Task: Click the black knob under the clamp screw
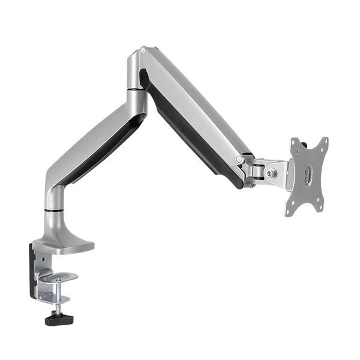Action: point(59,319)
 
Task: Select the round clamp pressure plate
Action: point(61,277)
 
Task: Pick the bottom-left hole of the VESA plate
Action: point(289,209)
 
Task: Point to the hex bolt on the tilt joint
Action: point(271,173)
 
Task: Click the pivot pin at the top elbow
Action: point(142,52)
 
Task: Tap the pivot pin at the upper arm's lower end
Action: point(239,159)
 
